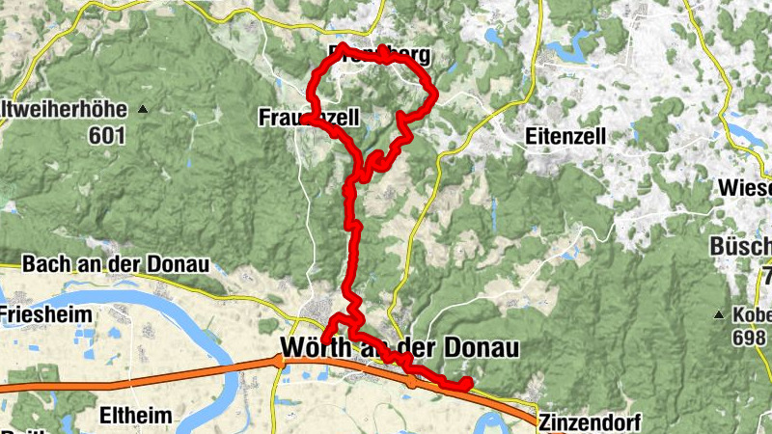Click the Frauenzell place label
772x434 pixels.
(x=309, y=118)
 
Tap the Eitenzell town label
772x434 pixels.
(x=566, y=137)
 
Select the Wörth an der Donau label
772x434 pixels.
(x=400, y=347)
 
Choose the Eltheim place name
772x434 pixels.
(x=136, y=417)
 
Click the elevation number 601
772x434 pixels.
(x=106, y=137)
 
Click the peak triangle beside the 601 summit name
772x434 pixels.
(x=143, y=108)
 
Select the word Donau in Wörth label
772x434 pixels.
(x=479, y=347)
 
